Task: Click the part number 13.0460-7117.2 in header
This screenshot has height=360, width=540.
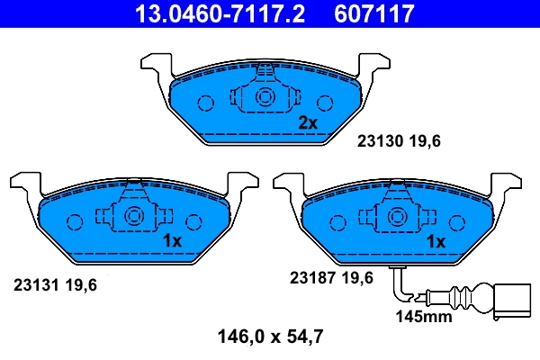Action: pyautogui.click(x=207, y=13)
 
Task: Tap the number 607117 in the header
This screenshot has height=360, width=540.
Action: pyautogui.click(x=374, y=13)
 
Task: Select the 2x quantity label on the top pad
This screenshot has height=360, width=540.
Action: pyautogui.click(x=308, y=122)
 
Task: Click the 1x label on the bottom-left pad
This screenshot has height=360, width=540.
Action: pyautogui.click(x=172, y=241)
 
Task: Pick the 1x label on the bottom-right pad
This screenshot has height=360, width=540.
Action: pyautogui.click(x=436, y=241)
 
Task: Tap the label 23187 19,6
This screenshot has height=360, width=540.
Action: pyautogui.click(x=330, y=278)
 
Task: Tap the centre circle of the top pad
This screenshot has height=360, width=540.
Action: pyautogui.click(x=265, y=98)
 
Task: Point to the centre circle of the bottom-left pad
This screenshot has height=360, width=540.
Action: pyautogui.click(x=134, y=216)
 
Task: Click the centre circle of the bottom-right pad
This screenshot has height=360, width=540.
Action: pyautogui.click(x=397, y=216)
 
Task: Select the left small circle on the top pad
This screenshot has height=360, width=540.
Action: pyautogui.click(x=204, y=102)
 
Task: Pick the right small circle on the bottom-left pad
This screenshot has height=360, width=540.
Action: pyautogui.click(x=193, y=220)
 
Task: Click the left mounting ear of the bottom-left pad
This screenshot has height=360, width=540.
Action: pyautogui.click(x=24, y=184)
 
